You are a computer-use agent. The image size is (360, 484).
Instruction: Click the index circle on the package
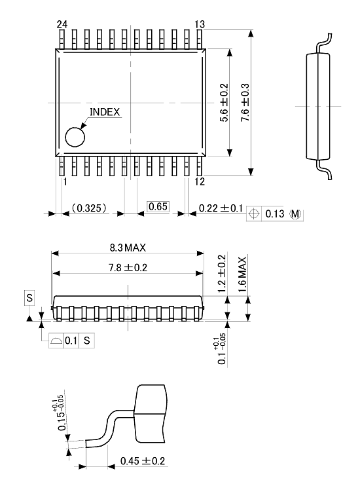pos(75,138)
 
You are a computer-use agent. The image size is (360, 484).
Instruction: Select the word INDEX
pos(105,112)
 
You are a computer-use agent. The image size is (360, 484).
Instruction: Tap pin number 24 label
pos(62,24)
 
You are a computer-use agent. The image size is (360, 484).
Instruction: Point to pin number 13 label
pos(200,24)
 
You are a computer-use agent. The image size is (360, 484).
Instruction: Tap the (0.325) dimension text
pos(89,208)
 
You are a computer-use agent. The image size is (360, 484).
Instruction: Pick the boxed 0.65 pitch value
pos(158,207)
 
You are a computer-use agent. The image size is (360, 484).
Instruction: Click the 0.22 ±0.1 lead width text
pos(221,208)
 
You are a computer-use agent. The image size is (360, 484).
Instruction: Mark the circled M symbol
pos(296,214)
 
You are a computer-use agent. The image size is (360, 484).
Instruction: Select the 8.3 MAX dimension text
pos(128,248)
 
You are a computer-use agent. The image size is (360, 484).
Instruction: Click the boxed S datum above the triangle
pos(29,298)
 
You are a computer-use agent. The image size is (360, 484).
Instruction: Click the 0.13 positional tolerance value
pos(276,214)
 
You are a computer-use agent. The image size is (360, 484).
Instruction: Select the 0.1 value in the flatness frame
pos(71,341)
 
